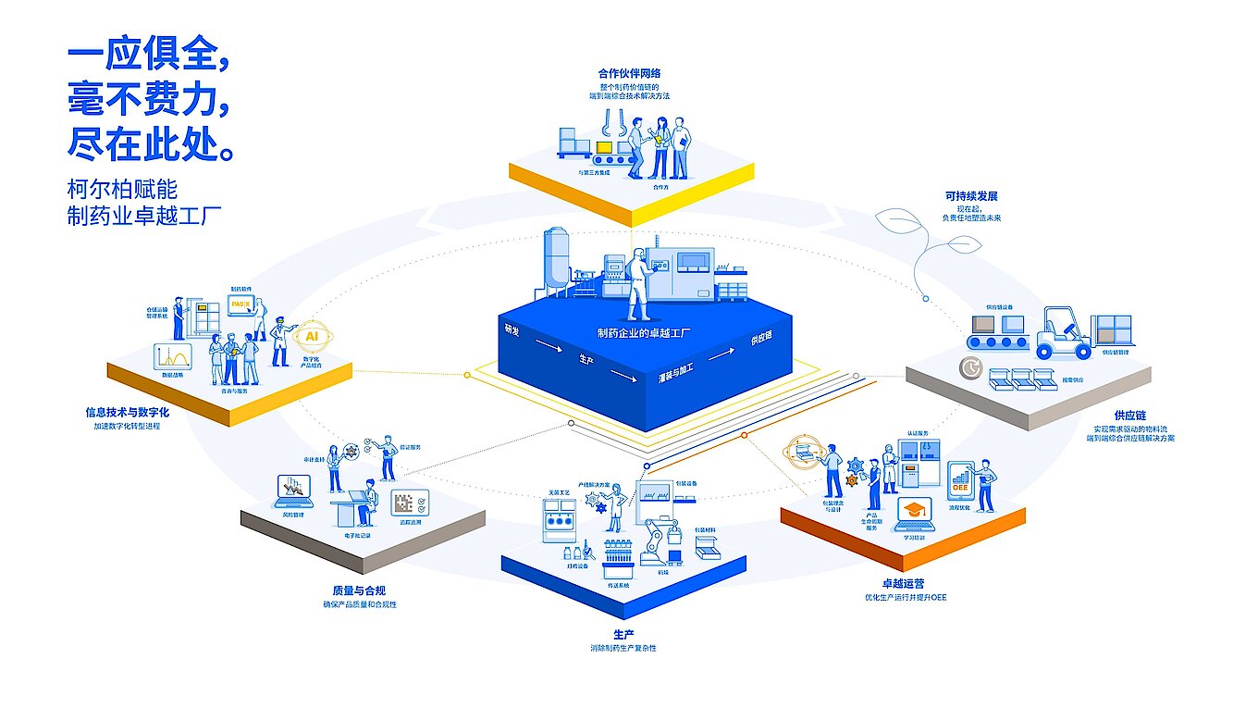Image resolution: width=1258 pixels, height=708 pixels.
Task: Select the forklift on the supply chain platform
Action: coord(1063,334)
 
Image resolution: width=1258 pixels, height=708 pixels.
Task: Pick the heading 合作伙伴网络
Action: coord(629,73)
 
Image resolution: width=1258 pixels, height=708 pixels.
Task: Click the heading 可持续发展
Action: coord(970,196)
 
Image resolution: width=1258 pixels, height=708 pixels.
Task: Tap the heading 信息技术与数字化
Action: coord(127,412)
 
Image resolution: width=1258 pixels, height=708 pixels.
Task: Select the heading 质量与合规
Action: coord(356,590)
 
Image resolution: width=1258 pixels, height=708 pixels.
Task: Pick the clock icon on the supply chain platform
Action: coord(970,367)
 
